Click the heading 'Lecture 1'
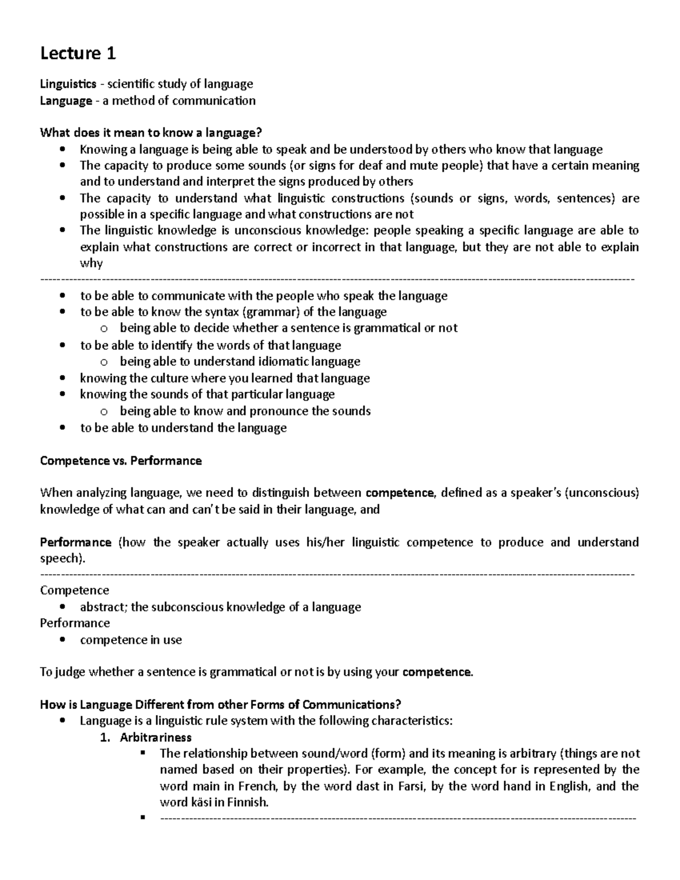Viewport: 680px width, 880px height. (x=78, y=53)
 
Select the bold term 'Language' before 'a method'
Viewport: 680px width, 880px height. (x=66, y=101)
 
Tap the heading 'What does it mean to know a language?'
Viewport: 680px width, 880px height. (x=151, y=133)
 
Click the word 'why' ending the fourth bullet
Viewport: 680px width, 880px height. (x=91, y=263)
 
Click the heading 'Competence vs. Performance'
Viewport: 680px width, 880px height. (x=121, y=461)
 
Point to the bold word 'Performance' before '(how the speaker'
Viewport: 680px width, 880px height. (x=75, y=542)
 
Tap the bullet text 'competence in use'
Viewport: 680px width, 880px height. (x=131, y=640)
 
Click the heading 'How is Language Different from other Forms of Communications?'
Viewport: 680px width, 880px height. (x=220, y=705)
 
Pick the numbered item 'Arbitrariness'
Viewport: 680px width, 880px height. (x=155, y=737)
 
